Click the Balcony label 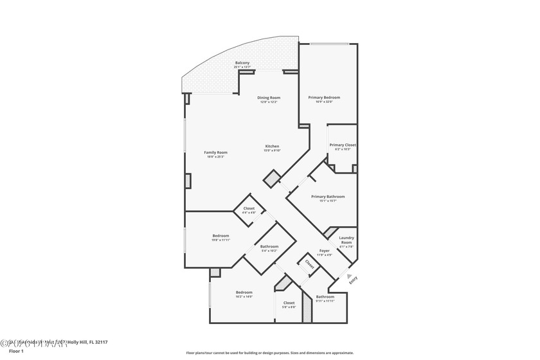point(242,63)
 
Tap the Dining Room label point(269,98)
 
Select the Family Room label point(216,152)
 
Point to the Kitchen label point(273,147)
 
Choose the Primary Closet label point(343,145)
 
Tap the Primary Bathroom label point(328,197)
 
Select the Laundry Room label point(346,240)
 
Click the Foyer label point(325,251)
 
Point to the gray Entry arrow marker point(341,275)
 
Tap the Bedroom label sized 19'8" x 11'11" point(221,236)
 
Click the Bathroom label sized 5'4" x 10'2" point(269,247)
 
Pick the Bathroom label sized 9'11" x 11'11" point(325,296)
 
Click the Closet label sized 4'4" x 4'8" point(249,208)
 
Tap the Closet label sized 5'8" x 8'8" point(289,303)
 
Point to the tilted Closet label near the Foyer point(309,263)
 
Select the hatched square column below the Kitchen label point(272,178)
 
